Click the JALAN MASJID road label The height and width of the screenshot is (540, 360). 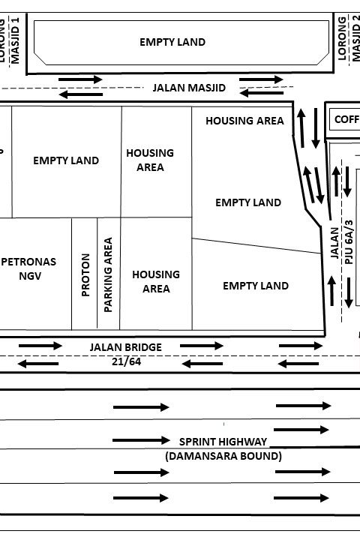tap(189, 88)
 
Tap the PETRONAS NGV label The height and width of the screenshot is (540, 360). tap(28, 268)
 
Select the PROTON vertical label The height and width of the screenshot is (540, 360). tap(85, 274)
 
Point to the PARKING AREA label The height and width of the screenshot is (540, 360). tap(108, 274)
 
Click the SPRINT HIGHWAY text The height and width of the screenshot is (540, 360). tap(223, 442)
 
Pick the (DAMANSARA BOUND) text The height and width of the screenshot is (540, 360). tap(223, 456)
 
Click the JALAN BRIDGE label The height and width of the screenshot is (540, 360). tap(126, 347)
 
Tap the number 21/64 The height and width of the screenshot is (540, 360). tap(127, 361)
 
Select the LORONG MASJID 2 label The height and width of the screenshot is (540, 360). tap(349, 38)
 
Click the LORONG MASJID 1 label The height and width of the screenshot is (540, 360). tap(9, 40)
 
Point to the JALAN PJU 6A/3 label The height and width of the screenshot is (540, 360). tap(342, 242)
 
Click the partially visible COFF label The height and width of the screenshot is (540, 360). tap(347, 119)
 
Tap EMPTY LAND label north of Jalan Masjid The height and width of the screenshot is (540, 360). tap(172, 42)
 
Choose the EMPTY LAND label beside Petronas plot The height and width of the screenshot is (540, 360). tap(66, 160)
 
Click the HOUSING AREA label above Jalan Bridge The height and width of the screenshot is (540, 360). tap(156, 282)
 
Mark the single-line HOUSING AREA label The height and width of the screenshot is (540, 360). tap(245, 121)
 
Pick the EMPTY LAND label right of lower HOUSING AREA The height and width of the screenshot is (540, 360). tap(256, 286)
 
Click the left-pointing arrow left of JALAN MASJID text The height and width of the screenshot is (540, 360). tap(81, 94)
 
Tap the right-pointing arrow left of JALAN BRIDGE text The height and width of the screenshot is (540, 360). tap(40, 346)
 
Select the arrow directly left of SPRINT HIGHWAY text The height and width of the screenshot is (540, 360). tap(141, 440)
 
